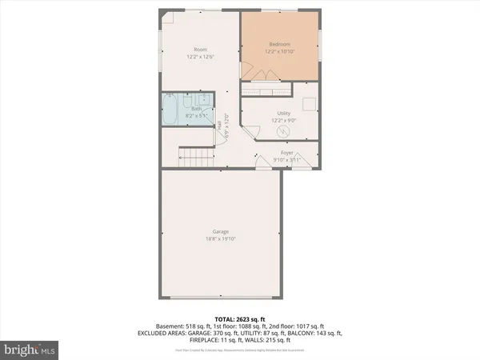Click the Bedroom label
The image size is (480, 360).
point(278,44)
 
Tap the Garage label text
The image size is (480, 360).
point(222,231)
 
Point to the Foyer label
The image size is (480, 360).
point(286,151)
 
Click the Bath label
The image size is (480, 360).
point(195,110)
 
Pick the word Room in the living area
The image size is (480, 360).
point(200,50)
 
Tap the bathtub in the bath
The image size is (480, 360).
point(170,110)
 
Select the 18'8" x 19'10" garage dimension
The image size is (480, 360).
point(222,238)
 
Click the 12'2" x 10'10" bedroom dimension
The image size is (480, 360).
point(278,52)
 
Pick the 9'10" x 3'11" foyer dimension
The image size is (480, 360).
point(286,158)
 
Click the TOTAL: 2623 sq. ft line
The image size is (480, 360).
point(240,319)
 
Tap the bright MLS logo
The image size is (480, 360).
point(29,349)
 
